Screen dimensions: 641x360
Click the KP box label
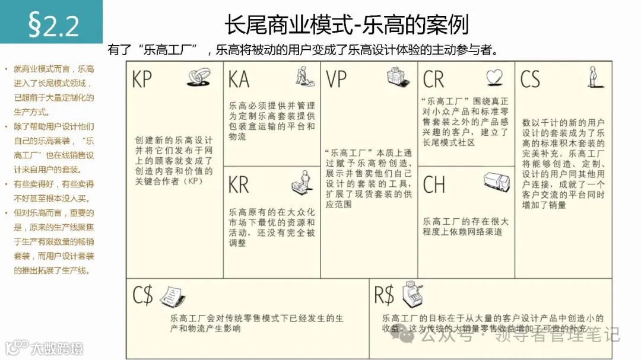(x=142, y=79)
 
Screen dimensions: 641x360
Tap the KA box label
(x=239, y=79)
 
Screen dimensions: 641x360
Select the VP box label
(x=337, y=79)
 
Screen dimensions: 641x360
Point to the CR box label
(x=434, y=79)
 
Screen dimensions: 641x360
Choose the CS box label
(x=530, y=79)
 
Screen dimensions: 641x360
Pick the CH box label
(x=434, y=184)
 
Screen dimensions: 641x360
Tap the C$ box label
(x=143, y=295)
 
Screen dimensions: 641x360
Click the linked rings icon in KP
(x=198, y=77)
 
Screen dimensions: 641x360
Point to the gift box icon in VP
(x=397, y=76)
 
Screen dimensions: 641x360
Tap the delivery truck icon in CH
(x=496, y=181)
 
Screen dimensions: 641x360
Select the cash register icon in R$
(x=413, y=293)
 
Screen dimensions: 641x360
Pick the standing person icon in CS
(x=592, y=77)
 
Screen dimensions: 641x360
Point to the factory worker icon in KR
(x=302, y=182)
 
